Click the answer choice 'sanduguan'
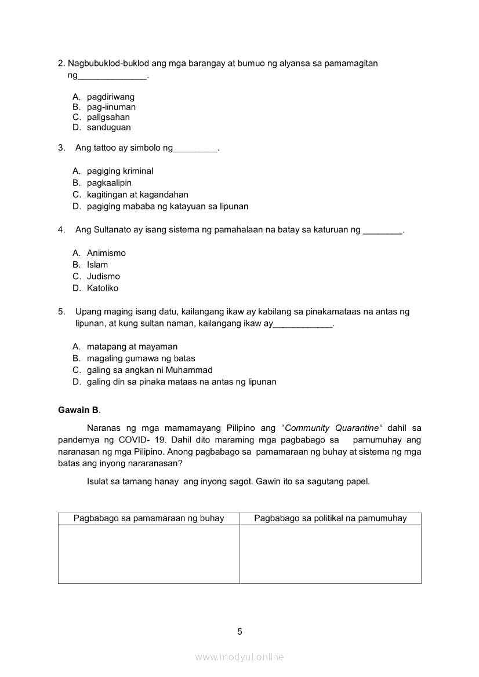(x=108, y=127)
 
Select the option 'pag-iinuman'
(x=111, y=107)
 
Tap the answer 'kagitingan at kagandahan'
(x=137, y=195)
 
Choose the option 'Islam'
(x=97, y=265)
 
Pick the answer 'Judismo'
(x=103, y=276)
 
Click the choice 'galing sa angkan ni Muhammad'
(x=150, y=370)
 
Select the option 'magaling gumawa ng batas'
(x=141, y=358)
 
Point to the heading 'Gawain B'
(x=78, y=410)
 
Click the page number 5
(x=239, y=632)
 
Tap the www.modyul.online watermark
(x=239, y=657)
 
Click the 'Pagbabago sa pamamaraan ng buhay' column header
(x=148, y=518)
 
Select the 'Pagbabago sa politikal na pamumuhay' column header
(x=330, y=518)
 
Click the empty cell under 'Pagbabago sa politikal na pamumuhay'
(x=330, y=554)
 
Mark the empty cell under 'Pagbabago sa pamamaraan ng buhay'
(x=148, y=554)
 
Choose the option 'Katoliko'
(x=103, y=288)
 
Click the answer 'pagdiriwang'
(x=111, y=97)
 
